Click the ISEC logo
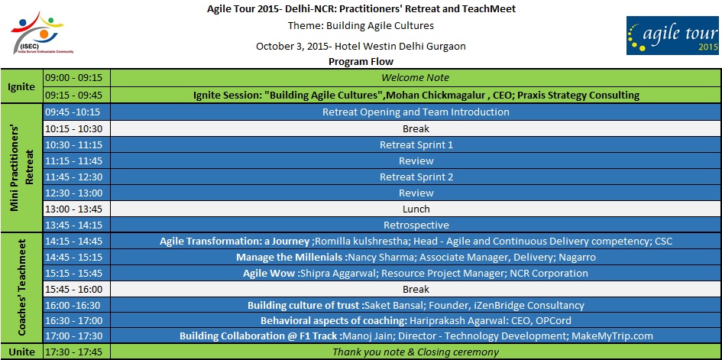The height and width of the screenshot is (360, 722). (42, 33)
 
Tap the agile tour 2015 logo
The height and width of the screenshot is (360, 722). (672, 35)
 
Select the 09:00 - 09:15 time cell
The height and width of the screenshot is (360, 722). (77, 77)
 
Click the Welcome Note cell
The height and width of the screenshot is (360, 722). (416, 77)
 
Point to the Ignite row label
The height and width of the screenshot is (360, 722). (21, 86)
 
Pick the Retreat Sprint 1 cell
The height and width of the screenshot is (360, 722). (416, 144)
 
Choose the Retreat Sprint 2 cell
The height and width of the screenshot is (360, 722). (416, 177)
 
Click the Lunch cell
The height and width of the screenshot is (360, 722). (416, 209)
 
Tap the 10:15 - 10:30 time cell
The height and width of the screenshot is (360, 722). (77, 129)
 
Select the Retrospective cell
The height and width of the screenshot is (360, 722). (416, 225)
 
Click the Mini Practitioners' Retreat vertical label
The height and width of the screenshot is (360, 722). (21, 167)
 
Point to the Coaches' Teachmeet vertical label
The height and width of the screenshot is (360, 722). (21, 287)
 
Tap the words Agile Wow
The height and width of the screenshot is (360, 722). (269, 274)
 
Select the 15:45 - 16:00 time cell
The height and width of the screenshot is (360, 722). (77, 290)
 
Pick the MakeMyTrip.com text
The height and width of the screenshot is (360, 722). (612, 336)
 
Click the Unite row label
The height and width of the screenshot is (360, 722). (21, 352)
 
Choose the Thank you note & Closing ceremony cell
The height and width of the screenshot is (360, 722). (416, 352)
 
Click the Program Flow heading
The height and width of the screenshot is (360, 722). (361, 62)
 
